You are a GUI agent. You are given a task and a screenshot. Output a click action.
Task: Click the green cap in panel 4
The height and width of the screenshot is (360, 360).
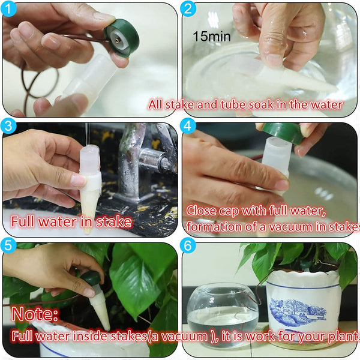(283, 133)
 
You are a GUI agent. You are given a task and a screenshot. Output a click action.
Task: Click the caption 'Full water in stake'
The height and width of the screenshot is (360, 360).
(71, 222)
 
